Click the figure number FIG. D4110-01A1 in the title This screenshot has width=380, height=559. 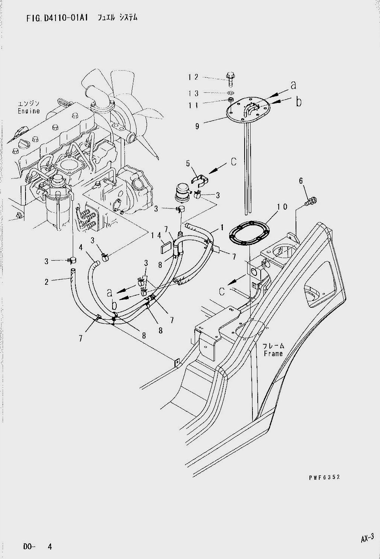pyautogui.click(x=57, y=18)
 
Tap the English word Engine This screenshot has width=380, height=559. pyautogui.click(x=29, y=111)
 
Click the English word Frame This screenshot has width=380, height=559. pyautogui.click(x=273, y=354)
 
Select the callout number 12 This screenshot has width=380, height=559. pyautogui.click(x=193, y=77)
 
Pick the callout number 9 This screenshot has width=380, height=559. pyautogui.click(x=197, y=126)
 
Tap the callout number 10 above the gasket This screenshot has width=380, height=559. pyautogui.click(x=282, y=207)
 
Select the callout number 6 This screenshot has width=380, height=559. pyautogui.click(x=301, y=181)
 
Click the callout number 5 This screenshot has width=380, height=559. pyautogui.click(x=188, y=164)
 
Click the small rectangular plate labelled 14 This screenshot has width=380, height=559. pyautogui.click(x=165, y=249)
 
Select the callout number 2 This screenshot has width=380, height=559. pyautogui.click(x=47, y=282)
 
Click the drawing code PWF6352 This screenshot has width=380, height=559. pyautogui.click(x=324, y=477)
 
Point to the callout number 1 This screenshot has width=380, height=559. pyautogui.click(x=222, y=227)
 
